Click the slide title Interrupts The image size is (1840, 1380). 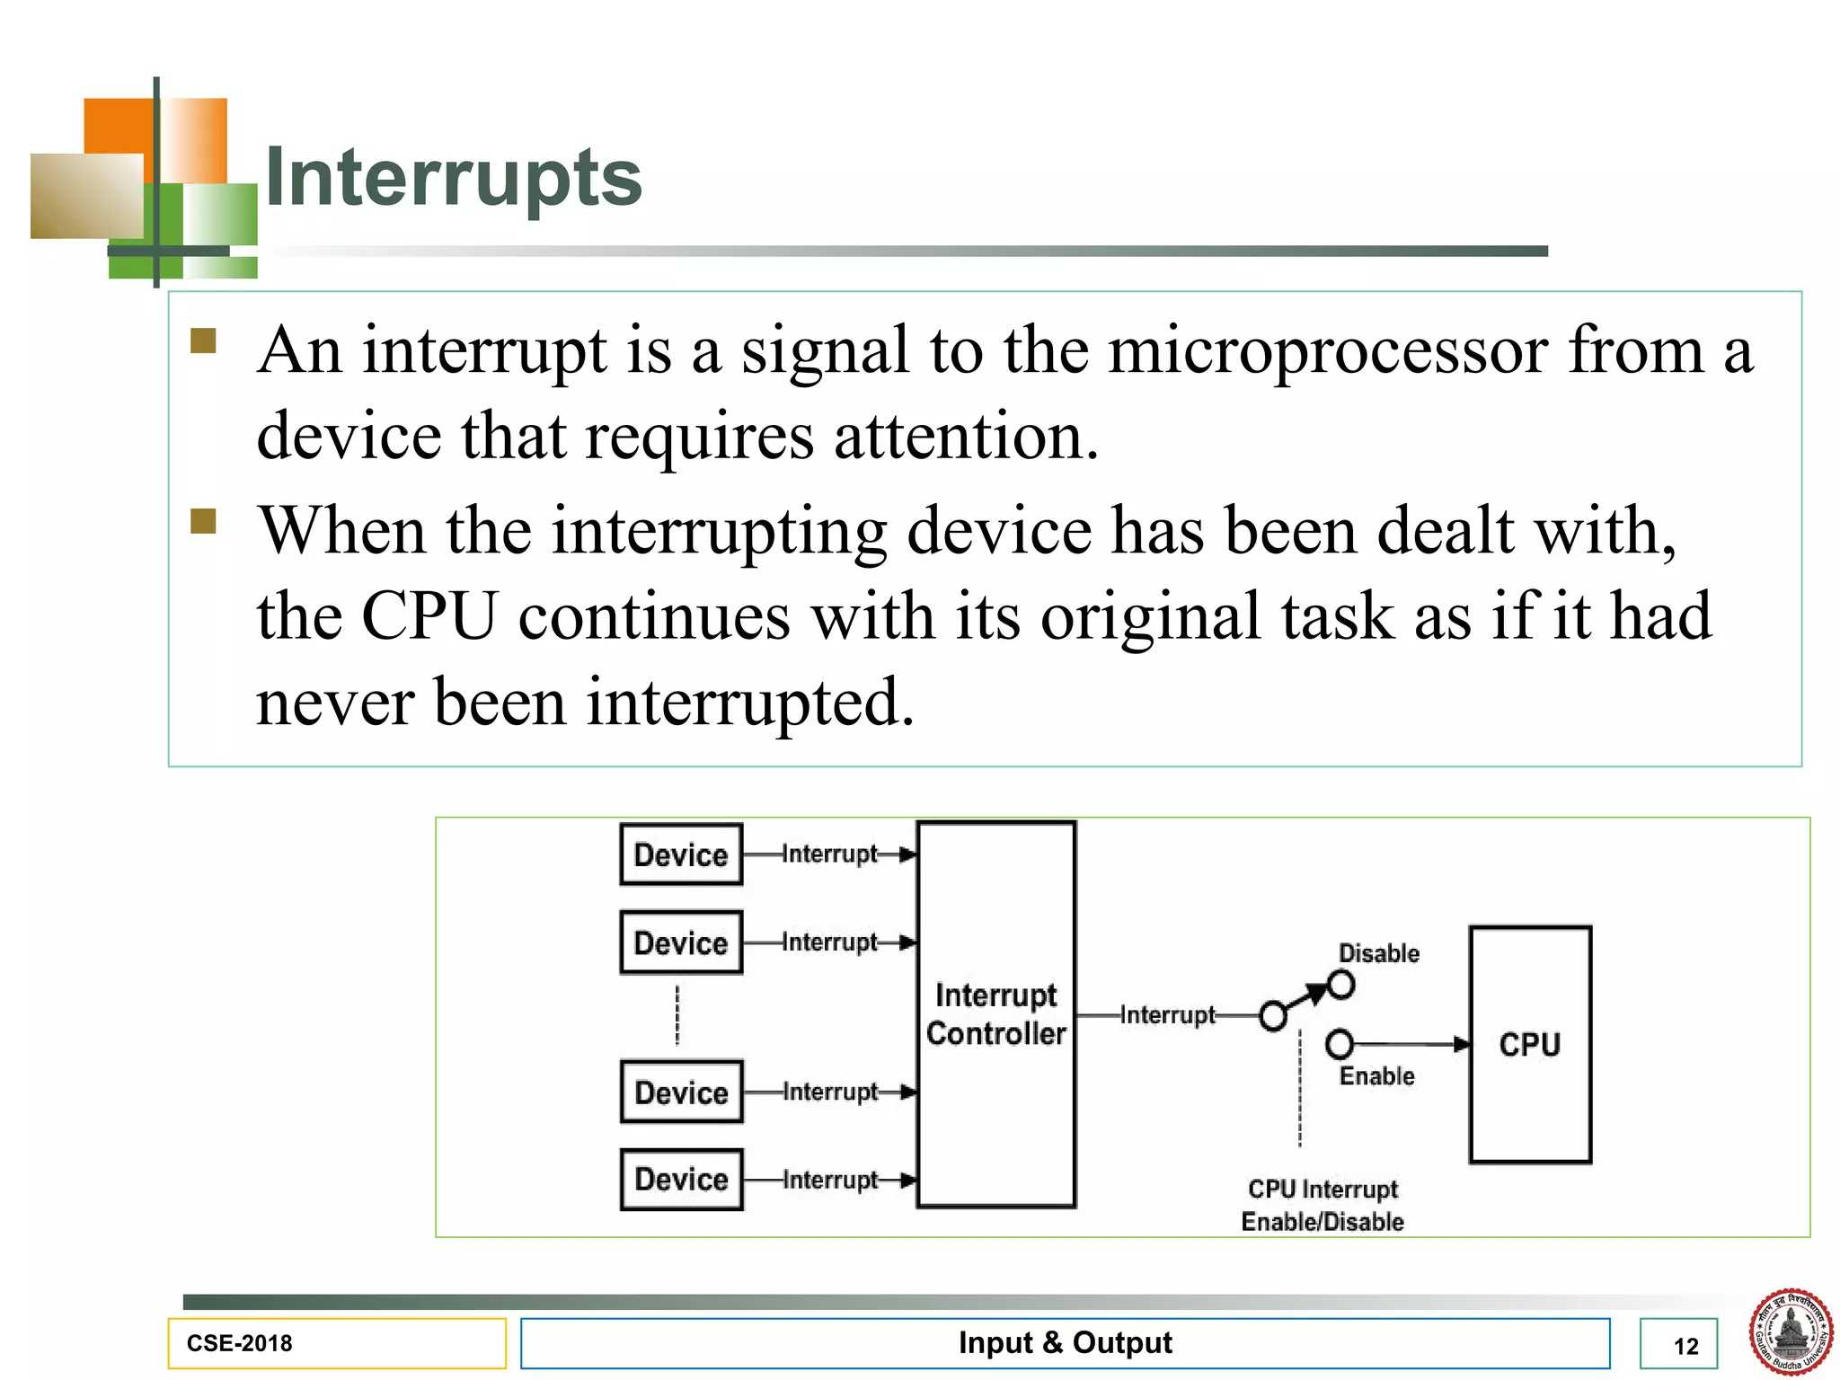(454, 177)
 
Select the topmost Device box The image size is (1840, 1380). (681, 854)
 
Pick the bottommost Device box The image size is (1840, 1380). (681, 1179)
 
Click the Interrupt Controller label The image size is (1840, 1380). (995, 1014)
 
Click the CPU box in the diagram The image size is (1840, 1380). (1530, 1044)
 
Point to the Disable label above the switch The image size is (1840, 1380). (1378, 953)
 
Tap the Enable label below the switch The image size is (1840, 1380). (1376, 1075)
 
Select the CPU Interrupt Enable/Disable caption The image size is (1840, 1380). (1322, 1205)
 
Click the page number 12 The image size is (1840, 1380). (1685, 1346)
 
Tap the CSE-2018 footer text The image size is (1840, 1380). (239, 1343)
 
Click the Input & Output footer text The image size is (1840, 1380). (1065, 1342)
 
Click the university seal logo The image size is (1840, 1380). (1790, 1331)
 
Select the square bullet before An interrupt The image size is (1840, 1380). (204, 341)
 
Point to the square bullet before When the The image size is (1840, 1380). (204, 521)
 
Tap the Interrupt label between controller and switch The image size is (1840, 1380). (1167, 1015)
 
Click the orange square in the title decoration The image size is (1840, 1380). (118, 125)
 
